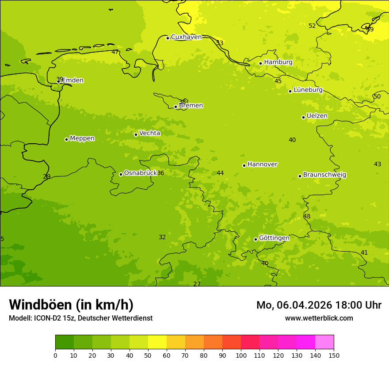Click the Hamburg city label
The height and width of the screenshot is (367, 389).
click(x=278, y=62)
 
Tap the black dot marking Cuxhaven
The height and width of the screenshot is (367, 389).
click(x=168, y=38)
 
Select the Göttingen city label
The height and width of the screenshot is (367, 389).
click(x=274, y=238)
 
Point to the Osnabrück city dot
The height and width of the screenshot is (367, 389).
click(x=121, y=174)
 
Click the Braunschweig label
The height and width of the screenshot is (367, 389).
click(x=324, y=175)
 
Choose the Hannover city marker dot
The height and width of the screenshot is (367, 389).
click(x=244, y=165)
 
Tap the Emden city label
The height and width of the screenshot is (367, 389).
click(x=72, y=80)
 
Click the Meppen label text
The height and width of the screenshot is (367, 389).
click(x=82, y=138)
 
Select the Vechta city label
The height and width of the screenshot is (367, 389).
click(x=149, y=133)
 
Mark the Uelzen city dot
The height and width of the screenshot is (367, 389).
click(x=303, y=117)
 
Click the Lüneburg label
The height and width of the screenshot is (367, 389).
click(x=308, y=90)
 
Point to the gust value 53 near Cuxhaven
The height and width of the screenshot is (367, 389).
click(x=220, y=43)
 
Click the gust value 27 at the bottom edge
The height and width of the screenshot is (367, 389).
click(x=197, y=284)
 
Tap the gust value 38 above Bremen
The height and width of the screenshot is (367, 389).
click(x=182, y=102)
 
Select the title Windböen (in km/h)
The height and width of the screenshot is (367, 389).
click(x=71, y=305)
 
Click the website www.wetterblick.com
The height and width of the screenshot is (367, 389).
click(x=319, y=318)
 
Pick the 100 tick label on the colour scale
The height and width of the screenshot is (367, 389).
click(x=241, y=355)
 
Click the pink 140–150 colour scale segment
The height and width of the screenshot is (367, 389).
click(x=324, y=342)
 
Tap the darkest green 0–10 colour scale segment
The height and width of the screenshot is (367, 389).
click(x=65, y=342)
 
